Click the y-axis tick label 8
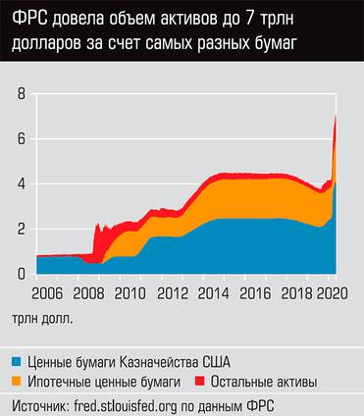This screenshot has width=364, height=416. click(19, 94)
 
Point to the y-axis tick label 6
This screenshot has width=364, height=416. click(19, 139)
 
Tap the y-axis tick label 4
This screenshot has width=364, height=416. click(19, 184)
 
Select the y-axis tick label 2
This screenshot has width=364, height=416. click(19, 230)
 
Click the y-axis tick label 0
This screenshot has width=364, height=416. click(19, 275)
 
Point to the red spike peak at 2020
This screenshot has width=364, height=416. click(337, 117)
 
